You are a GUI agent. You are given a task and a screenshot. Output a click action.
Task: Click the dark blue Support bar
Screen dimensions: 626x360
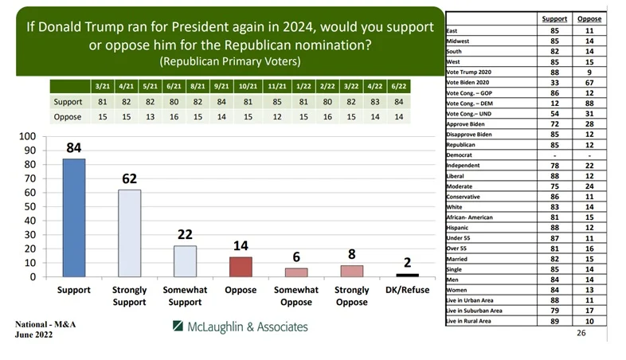[74, 218]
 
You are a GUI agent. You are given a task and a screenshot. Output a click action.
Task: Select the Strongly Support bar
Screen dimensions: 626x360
[129, 233]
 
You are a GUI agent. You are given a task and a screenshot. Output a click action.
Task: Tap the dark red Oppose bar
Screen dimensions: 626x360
[241, 267]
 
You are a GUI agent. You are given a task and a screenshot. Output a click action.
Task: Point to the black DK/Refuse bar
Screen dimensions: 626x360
[407, 276]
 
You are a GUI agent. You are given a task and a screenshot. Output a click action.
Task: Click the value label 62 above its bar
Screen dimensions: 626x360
[129, 178]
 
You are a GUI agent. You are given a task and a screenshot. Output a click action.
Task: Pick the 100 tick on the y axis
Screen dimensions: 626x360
[28, 136]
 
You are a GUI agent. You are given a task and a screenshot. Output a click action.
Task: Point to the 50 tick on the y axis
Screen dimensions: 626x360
[30, 207]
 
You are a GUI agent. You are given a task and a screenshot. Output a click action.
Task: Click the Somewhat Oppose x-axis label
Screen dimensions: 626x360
[296, 295]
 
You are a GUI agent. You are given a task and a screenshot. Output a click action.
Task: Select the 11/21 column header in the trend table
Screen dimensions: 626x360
[277, 86]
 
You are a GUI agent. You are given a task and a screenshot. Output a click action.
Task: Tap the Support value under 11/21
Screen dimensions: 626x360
[277, 102]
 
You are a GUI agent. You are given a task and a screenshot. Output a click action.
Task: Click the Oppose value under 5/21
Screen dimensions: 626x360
[150, 117]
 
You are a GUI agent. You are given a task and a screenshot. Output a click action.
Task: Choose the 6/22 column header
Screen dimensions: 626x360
[399, 86]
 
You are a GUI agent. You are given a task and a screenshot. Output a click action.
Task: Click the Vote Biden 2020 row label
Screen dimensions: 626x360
[468, 83]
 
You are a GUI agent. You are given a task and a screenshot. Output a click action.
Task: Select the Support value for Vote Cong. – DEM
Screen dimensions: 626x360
[554, 104]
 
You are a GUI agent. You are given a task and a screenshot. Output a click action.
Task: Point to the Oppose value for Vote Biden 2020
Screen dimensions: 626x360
[589, 83]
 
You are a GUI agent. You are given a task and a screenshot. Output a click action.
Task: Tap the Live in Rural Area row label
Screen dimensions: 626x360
[468, 321]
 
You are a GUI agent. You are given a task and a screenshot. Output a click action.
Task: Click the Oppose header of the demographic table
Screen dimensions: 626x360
[589, 19]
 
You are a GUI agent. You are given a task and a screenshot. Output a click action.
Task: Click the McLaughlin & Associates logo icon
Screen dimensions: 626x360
[178, 326]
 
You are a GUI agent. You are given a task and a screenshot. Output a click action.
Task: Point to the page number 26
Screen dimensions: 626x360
[581, 333]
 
